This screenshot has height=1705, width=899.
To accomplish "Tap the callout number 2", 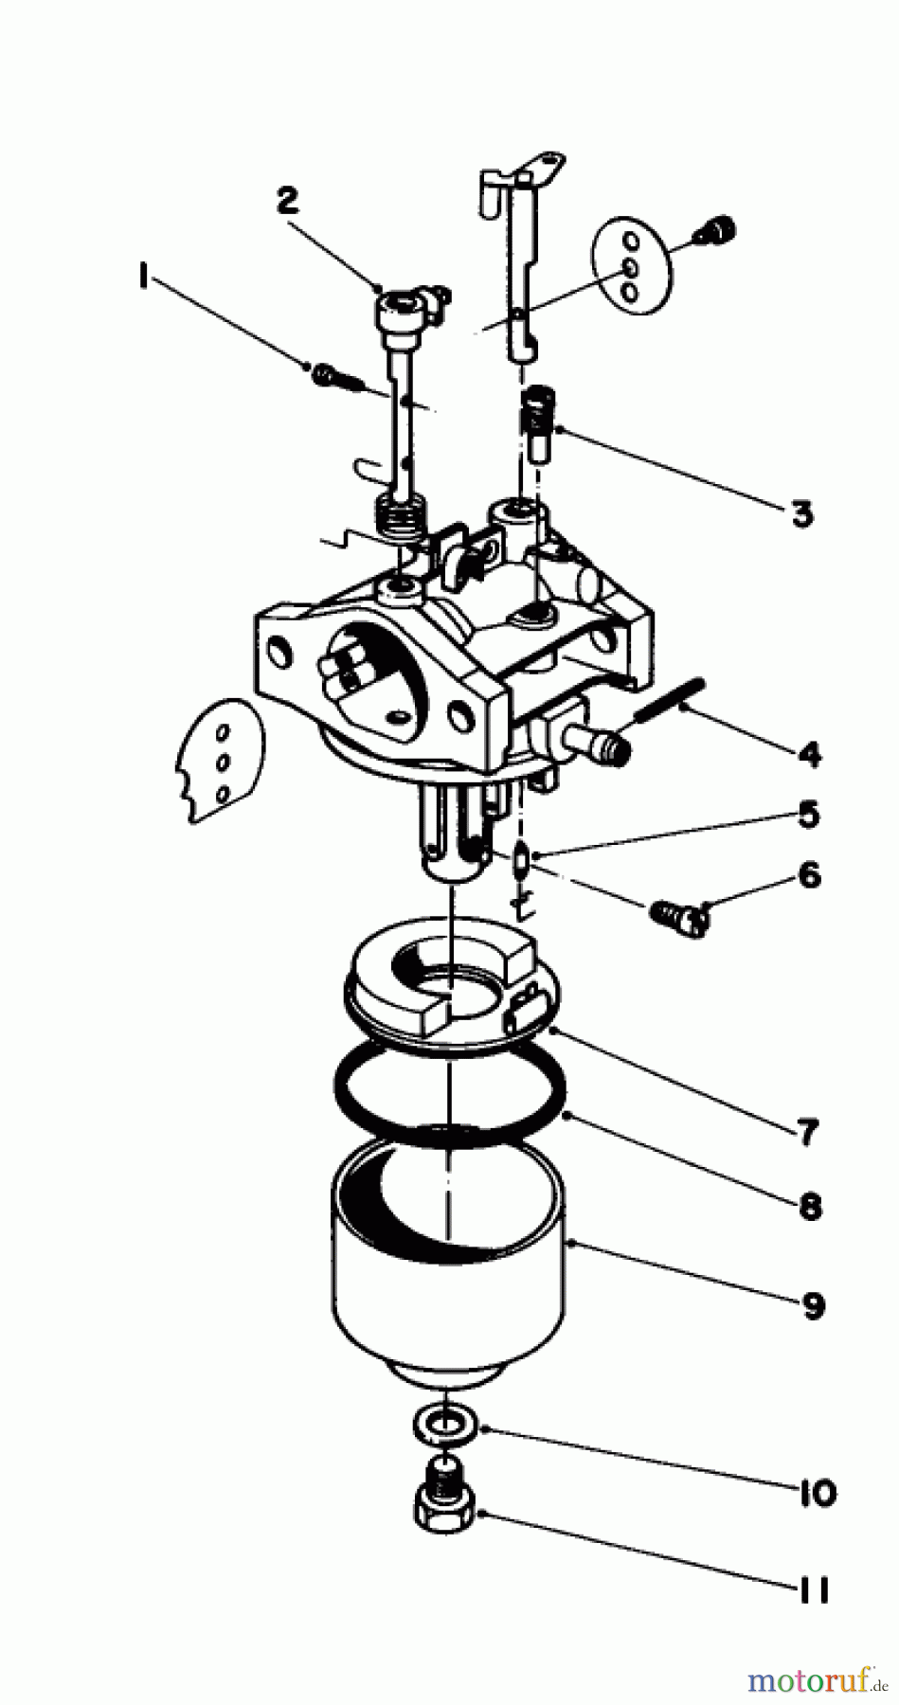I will coord(287,200).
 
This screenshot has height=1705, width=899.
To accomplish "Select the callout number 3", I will coord(801,514).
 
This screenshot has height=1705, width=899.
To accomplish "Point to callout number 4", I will coord(808,756).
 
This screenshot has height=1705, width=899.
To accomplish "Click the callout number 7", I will coord(807,1132).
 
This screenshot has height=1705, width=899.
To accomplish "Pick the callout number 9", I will coord(813,1306).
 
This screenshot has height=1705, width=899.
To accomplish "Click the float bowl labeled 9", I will coord(448,1260).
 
